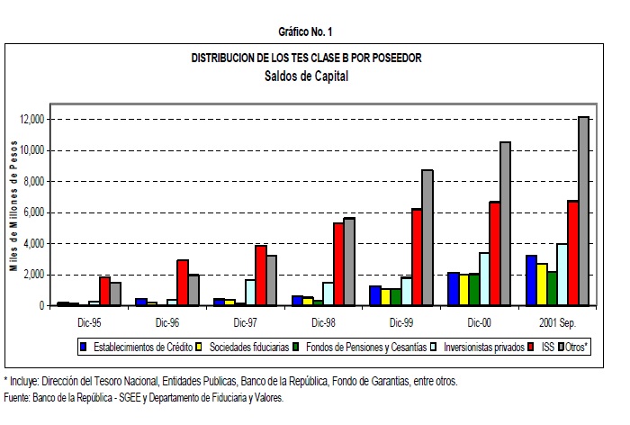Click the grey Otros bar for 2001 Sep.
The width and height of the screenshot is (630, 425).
[583, 212]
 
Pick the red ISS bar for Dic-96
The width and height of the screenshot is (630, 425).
[183, 283]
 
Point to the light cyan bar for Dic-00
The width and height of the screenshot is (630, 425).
[483, 279]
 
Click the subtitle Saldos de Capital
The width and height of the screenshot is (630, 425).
[306, 76]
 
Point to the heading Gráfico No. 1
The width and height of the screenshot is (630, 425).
[305, 32]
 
